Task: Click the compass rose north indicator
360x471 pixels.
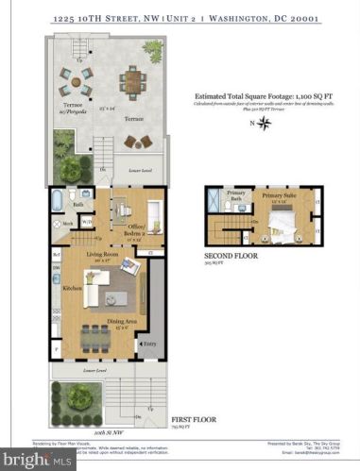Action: click(x=266, y=124)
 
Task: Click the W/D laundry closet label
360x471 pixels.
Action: click(x=88, y=223)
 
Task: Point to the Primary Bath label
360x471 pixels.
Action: click(x=236, y=194)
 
